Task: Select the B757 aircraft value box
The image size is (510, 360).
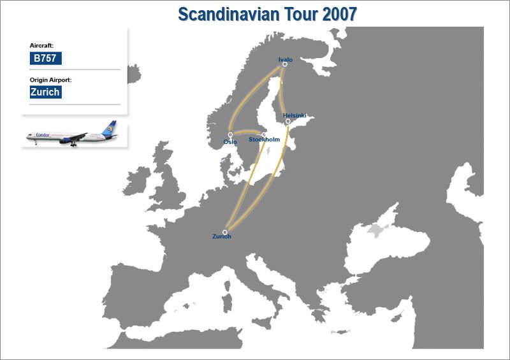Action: coord(45,59)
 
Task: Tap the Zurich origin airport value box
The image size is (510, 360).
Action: coord(45,92)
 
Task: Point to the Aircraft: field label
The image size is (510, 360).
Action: coord(41,46)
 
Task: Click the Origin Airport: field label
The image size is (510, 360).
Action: coord(50,80)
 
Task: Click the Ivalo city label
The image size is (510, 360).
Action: coord(285,59)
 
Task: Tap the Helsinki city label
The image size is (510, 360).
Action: coord(295,115)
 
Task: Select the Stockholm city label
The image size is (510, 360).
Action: coord(264,139)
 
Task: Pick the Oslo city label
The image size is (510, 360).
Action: coord(230,142)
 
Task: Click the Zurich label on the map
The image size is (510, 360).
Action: coord(221,237)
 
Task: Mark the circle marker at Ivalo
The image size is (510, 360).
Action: coord(285,64)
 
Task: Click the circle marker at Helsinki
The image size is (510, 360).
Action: coord(288,121)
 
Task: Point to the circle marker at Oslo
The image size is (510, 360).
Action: coord(230,135)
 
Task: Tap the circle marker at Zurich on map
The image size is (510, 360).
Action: coord(225,232)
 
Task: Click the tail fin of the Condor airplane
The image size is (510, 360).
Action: coord(112,129)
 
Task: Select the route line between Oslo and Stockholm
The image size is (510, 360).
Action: coord(247,134)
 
